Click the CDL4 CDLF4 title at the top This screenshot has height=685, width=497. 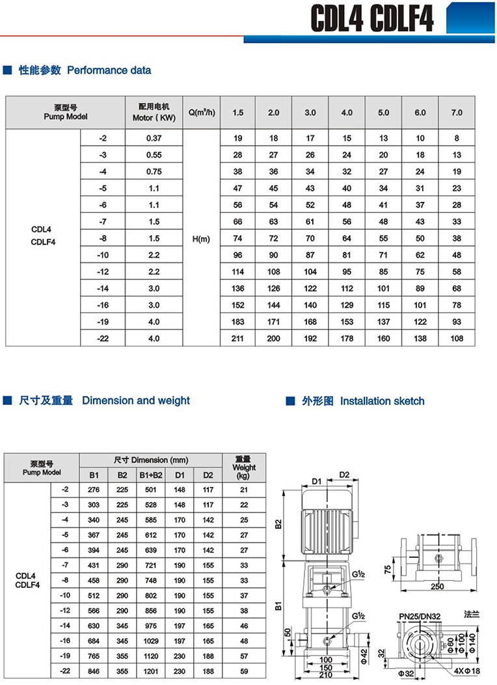(371, 19)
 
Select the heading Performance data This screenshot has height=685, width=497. (109, 70)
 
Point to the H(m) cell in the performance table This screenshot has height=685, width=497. (202, 239)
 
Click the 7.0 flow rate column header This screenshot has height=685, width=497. (457, 113)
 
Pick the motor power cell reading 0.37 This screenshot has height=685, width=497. (154, 138)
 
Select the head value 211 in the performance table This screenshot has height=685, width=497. (237, 339)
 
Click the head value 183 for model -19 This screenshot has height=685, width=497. (237, 322)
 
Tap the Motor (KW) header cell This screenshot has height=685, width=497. (154, 113)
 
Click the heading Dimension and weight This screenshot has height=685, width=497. (135, 400)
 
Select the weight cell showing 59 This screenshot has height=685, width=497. (244, 671)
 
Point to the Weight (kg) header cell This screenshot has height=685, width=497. (244, 468)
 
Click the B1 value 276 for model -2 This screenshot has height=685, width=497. (94, 489)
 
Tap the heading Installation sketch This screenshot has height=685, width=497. (382, 401)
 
